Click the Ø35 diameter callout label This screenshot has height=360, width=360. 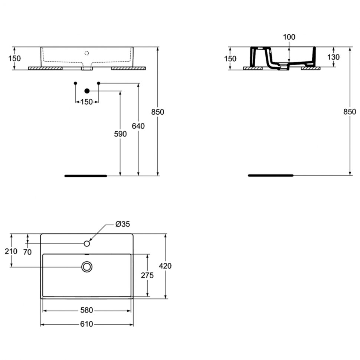pos(122,224)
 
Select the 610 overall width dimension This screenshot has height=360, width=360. pos(86,324)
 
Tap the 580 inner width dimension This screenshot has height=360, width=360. pos(86,310)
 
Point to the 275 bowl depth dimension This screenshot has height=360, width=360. pos(147,275)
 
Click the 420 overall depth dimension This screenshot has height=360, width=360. pos(165,266)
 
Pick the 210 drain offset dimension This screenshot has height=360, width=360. pos(11,251)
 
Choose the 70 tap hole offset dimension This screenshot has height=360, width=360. pos(27,252)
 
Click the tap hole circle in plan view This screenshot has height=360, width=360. pos(87,243)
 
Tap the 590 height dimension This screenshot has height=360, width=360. pos(120,134)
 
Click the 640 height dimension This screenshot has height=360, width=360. pos(138,126)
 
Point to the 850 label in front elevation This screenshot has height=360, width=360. pos(158,112)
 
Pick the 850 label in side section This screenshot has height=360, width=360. pos(350,112)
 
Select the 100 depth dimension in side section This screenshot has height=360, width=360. pos(289,37)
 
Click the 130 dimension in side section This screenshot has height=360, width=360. pos(333,57)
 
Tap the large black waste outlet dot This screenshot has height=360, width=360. pos(87,91)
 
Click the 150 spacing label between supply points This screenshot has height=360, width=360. pos(86,102)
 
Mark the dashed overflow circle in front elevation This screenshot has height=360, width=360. pos(86,53)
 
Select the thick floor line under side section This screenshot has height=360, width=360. pos(271,176)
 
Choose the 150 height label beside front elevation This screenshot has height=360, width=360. pos(14,58)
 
